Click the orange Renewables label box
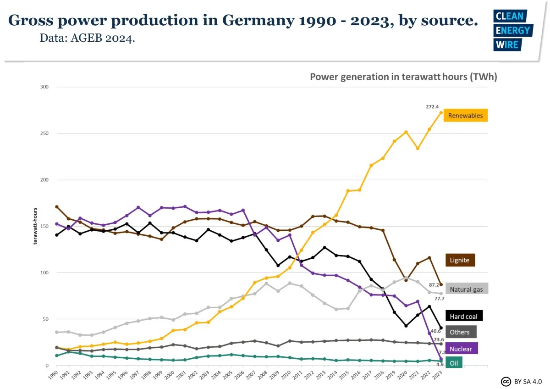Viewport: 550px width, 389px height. click(x=465, y=116)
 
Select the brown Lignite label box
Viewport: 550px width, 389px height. click(x=460, y=260)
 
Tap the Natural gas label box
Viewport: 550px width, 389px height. click(x=466, y=289)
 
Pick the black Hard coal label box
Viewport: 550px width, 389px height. click(x=463, y=316)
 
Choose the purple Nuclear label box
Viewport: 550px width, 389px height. click(x=461, y=348)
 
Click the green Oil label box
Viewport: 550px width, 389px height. click(x=453, y=363)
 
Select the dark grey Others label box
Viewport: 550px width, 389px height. click(x=460, y=332)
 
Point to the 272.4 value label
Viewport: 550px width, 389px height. click(x=432, y=106)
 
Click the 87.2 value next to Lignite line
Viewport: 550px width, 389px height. click(x=434, y=285)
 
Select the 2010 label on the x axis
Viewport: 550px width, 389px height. click(x=285, y=374)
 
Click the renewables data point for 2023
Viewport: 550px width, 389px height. click(x=441, y=112)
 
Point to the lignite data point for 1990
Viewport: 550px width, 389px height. click(x=56, y=206)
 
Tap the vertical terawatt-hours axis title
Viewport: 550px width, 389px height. click(x=35, y=226)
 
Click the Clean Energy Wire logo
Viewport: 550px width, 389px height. click(x=512, y=30)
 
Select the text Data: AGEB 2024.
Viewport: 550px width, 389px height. click(x=87, y=39)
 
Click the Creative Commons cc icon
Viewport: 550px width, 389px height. click(x=506, y=381)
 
